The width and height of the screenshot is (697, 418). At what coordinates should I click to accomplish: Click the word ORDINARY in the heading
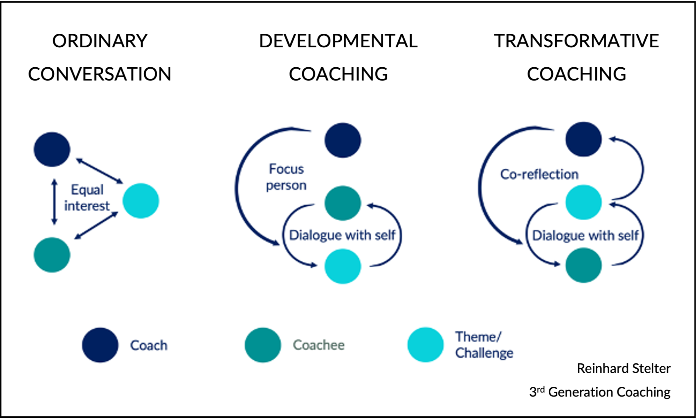coord(100,41)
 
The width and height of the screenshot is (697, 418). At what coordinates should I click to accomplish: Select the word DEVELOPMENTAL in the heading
coord(338,41)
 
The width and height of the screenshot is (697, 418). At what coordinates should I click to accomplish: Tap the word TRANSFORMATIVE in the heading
coord(576,41)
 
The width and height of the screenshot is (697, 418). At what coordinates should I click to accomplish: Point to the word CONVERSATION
coord(100,74)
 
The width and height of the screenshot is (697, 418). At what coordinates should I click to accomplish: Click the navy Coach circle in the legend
coord(100,345)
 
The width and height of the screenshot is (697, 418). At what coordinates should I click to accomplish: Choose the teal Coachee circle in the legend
coord(263,345)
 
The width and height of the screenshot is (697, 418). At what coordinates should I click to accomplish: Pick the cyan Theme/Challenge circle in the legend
coord(425,345)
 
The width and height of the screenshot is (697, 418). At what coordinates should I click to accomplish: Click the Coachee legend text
coord(318,345)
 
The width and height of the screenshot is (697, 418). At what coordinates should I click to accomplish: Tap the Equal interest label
coord(87,198)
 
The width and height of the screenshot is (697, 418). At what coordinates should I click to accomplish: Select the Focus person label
coord(286,177)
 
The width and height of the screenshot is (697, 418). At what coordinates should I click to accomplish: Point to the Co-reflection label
coord(539,174)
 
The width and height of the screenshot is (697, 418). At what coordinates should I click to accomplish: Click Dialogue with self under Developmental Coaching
coord(342,235)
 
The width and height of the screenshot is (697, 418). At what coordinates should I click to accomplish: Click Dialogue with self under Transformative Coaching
coord(585,235)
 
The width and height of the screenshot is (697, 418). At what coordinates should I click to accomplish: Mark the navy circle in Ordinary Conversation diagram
coord(52,149)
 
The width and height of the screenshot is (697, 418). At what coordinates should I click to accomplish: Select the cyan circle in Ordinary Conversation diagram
coord(141,201)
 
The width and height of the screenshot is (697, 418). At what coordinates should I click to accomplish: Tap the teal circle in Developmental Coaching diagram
coord(343,203)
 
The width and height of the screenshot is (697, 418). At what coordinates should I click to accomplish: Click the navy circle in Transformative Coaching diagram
coord(583,139)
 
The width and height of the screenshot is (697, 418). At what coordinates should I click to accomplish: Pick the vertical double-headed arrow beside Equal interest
coord(54,202)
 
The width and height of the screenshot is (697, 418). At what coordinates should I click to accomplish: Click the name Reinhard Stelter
coord(624,368)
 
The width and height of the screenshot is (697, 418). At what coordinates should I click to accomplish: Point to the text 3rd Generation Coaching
coord(600,392)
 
